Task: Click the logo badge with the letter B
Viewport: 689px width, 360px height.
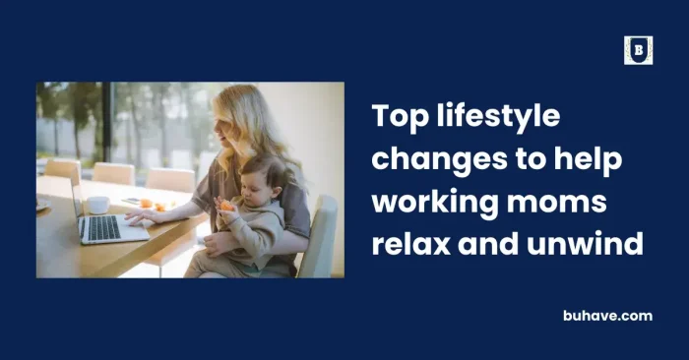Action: [x=638, y=50]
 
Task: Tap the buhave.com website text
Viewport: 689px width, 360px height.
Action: [x=607, y=316]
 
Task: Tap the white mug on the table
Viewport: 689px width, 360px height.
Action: [x=97, y=205]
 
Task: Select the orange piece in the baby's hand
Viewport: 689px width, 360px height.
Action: [x=228, y=206]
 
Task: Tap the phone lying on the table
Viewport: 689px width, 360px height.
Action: [x=131, y=201]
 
